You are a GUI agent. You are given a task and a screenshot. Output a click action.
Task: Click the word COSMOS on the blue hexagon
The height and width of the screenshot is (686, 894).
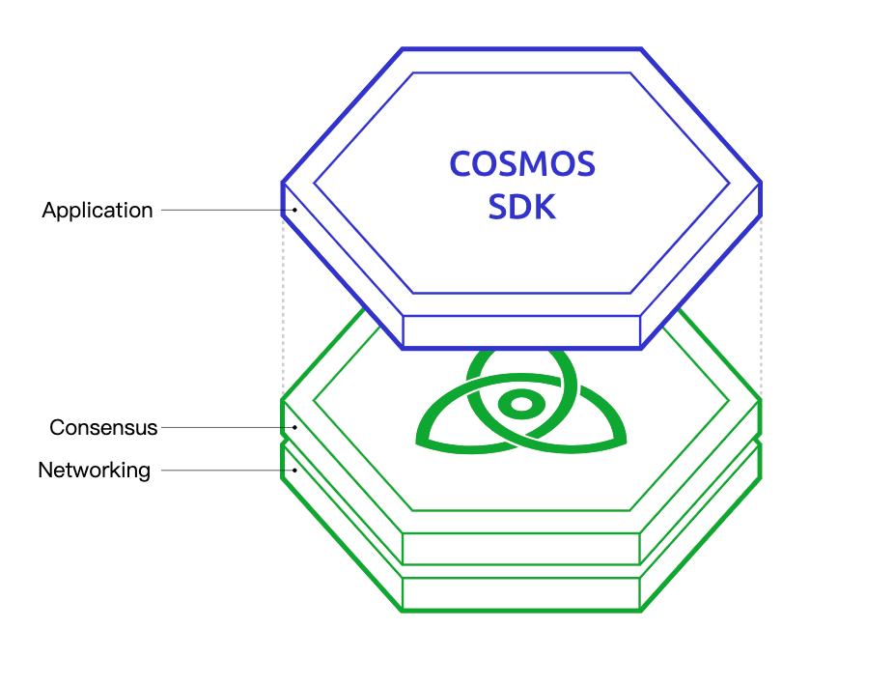pos(522,164)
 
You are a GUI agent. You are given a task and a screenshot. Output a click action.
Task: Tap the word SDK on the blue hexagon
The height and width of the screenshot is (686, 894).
pos(521,207)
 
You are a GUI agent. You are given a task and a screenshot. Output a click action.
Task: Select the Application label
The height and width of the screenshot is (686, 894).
pos(98,211)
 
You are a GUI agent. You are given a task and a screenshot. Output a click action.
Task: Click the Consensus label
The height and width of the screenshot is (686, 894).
pos(103,427)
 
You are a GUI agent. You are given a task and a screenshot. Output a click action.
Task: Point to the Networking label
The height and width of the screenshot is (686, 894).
pos(94,471)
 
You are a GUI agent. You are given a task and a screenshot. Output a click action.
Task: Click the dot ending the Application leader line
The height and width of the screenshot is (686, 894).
pos(294,210)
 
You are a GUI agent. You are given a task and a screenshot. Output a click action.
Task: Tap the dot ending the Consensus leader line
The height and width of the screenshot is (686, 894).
pos(294,427)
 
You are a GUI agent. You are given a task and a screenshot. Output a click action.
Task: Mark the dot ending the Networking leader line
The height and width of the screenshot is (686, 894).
pos(294,471)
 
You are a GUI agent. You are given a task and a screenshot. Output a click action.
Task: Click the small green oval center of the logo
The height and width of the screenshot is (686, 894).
pos(521,404)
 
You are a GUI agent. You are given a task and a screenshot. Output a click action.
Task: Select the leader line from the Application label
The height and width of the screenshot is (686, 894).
pos(228,210)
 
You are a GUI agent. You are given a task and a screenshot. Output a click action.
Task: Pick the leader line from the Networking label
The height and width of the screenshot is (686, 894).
pos(228,471)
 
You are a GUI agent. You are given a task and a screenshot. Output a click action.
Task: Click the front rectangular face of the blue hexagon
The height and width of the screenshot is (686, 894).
pos(521,331)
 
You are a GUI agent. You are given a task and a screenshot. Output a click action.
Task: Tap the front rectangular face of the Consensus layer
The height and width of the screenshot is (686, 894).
pos(521,549)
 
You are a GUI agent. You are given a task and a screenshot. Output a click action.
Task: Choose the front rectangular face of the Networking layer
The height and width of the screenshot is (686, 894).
pos(521,594)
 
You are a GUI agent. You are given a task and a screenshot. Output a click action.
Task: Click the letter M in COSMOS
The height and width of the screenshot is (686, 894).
pos(532,164)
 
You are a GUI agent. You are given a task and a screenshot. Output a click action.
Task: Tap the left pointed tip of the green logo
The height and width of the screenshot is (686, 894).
pos(417,443)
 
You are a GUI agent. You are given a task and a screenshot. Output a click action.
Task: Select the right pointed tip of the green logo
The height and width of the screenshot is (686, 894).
pos(626,442)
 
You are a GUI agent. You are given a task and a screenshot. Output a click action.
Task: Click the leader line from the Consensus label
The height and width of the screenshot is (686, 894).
pos(228,427)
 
